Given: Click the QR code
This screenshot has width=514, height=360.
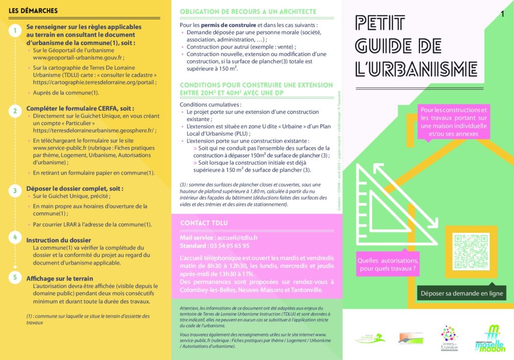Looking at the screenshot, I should tap(471, 251).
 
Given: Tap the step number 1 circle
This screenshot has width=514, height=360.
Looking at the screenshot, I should tap(16, 31).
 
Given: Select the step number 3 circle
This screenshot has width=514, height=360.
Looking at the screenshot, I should tap(16, 190).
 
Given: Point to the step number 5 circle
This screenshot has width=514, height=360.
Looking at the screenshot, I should tap(16, 277).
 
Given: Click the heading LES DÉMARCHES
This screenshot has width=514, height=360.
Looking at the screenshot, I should tap(33, 11).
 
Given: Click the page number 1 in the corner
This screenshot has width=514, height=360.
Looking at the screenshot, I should tap(502, 14).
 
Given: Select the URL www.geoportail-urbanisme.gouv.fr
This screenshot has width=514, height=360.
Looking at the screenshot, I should tap(78, 58).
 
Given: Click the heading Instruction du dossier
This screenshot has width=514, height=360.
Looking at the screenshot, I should tap(59, 240).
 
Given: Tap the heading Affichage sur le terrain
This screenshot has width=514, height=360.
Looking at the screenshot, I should tap(60, 278).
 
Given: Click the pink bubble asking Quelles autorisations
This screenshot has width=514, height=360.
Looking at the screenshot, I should tap(388, 265).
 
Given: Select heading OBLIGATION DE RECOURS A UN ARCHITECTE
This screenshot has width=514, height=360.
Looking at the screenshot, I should tap(248, 12).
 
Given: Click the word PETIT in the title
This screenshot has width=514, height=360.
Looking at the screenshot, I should tap(379, 23).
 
